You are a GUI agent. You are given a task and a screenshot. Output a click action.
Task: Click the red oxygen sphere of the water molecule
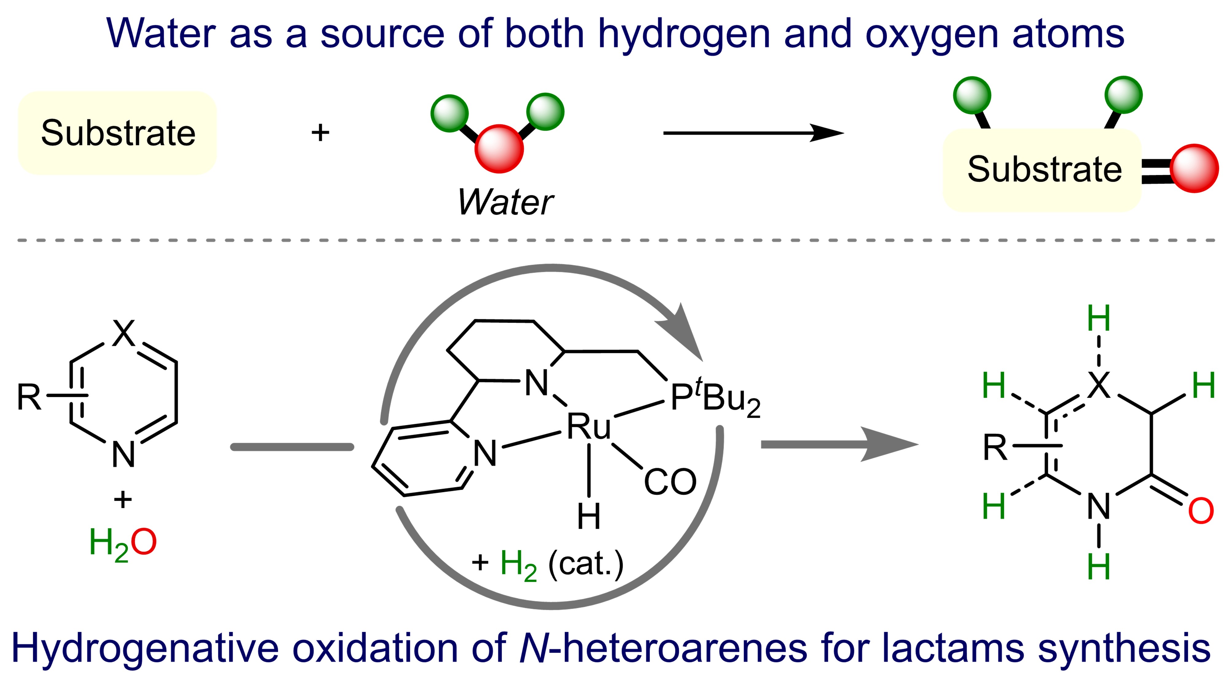coord(499,149)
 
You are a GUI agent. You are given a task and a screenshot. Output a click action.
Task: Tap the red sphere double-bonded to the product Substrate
coord(1194,168)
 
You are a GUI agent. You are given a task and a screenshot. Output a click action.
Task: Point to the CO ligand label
coord(670,482)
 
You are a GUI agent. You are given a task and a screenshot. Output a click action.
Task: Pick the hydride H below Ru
coord(589,516)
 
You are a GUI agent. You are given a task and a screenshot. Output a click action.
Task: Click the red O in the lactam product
coord(1201,511)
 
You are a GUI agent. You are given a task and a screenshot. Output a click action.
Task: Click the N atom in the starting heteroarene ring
coord(123,454)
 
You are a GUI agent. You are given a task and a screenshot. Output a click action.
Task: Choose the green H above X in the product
coord(1099,318)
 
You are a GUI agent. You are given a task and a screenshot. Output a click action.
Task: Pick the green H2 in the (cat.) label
coord(519,565)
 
